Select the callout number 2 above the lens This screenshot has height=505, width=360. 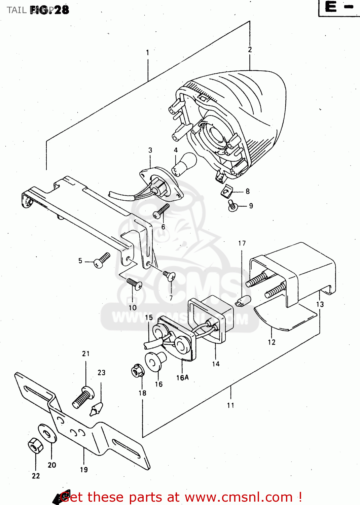250,49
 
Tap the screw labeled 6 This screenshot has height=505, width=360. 161,211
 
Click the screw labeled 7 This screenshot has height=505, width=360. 169,276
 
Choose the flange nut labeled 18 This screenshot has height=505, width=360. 137,371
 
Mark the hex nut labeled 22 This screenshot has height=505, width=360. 35,446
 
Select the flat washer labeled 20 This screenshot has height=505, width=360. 47,433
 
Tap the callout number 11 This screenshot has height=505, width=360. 230,405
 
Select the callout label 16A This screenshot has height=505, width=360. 182,378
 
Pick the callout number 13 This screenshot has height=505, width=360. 320,304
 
